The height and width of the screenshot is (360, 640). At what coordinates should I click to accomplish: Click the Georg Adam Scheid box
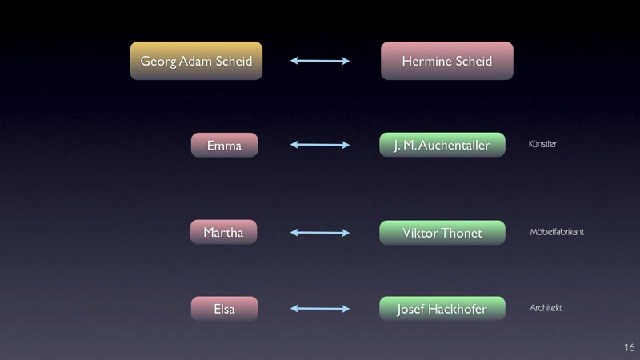pyautogui.click(x=196, y=61)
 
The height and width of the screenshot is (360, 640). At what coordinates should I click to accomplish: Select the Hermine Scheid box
pyautogui.click(x=447, y=61)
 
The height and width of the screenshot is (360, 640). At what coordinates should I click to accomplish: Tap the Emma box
pyautogui.click(x=225, y=145)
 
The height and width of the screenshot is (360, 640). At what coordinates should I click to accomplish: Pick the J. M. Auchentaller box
pyautogui.click(x=442, y=145)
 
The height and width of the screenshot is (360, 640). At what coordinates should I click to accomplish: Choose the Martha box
pyautogui.click(x=224, y=232)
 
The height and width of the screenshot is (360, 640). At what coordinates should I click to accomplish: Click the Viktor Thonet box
pyautogui.click(x=442, y=233)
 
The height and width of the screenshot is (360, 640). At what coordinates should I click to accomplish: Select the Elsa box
pyautogui.click(x=225, y=309)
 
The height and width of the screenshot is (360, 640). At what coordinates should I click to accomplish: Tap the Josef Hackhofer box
pyautogui.click(x=442, y=309)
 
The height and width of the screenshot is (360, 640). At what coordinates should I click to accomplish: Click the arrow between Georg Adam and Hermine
pyautogui.click(x=320, y=61)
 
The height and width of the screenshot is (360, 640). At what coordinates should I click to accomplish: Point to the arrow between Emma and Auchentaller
pyautogui.click(x=320, y=145)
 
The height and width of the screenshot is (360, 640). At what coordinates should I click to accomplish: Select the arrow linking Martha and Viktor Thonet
pyautogui.click(x=320, y=233)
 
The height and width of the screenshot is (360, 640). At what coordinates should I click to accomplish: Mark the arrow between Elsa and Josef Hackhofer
pyautogui.click(x=320, y=309)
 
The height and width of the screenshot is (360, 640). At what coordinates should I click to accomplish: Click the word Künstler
pyautogui.click(x=542, y=144)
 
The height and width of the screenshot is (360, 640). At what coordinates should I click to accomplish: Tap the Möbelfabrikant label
pyautogui.click(x=557, y=232)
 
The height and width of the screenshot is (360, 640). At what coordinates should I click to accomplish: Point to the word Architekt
pyautogui.click(x=546, y=308)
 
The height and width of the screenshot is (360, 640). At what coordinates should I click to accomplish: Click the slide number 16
pyautogui.click(x=630, y=347)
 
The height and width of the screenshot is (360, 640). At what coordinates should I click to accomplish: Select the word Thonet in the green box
pyautogui.click(x=462, y=233)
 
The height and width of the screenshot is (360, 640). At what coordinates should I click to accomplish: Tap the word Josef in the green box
pyautogui.click(x=410, y=310)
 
